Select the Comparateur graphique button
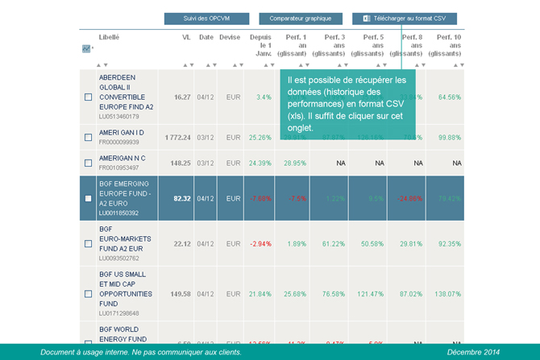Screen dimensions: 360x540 pos(300,18)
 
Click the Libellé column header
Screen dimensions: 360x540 pos(110,37)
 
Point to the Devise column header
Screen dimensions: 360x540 pos(230,37)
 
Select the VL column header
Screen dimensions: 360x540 pos(186,37)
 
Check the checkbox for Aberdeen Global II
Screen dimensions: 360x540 pos(89,97)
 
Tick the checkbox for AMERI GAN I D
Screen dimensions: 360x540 pos(89,138)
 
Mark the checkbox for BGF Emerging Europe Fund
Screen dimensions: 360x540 pos(89,198)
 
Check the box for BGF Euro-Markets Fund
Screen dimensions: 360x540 pos(89,244)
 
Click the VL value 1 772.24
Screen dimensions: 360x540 pos(177,138)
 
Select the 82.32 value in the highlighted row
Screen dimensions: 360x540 pos(181,198)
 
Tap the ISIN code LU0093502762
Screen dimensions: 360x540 pos(119,259)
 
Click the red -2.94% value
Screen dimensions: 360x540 pos(260,244)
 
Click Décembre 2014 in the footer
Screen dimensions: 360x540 pos(474,353)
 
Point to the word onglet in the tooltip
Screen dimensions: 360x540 pos(301,128)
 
